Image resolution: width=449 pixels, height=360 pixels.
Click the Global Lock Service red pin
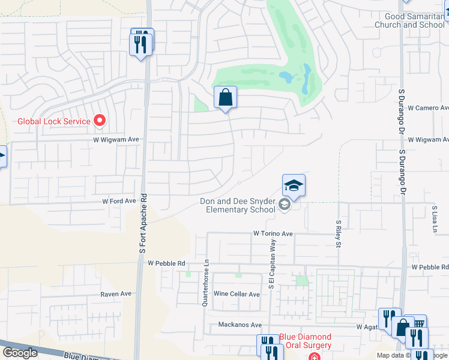pos(100,121)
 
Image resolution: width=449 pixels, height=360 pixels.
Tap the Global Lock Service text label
pos(53,121)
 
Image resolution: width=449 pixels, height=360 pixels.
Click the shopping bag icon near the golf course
pos(225,97)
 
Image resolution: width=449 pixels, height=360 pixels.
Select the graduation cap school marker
pos(294,185)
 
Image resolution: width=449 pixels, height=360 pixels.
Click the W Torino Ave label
pos(273,233)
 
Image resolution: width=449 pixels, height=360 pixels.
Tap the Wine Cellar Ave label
pos(237,294)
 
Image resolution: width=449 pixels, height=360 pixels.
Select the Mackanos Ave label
pos(240,325)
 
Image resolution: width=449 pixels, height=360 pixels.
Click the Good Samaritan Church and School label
pos(409,21)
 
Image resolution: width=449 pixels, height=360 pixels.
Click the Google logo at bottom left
pos(20,353)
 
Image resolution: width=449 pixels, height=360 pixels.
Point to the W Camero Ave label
pos(428,108)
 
